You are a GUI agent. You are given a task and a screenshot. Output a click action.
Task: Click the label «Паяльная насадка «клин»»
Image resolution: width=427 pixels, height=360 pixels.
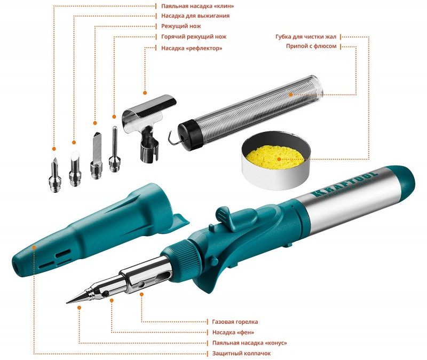pyautogui.click(x=197, y=6)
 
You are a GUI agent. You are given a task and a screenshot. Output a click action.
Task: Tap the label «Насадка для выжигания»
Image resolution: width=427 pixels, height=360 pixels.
pyautogui.click(x=195, y=16)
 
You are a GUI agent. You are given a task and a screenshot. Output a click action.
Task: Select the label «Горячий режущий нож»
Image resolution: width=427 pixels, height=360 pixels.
pyautogui.click(x=194, y=36)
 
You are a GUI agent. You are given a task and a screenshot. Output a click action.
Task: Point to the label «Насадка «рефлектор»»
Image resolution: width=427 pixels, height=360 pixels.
pyautogui.click(x=192, y=48)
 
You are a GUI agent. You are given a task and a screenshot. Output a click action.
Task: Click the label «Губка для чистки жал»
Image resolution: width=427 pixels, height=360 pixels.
pyautogui.click(x=306, y=36)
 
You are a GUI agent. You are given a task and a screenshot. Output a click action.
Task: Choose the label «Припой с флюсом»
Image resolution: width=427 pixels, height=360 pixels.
pyautogui.click(x=311, y=46)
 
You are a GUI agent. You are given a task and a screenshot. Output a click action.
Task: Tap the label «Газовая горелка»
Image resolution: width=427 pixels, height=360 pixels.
pyautogui.click(x=235, y=322)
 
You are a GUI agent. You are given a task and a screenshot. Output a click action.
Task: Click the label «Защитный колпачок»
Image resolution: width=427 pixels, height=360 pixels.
pyautogui.click(x=242, y=354)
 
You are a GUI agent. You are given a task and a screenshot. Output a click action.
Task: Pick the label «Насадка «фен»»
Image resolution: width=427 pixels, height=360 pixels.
pyautogui.click(x=233, y=332)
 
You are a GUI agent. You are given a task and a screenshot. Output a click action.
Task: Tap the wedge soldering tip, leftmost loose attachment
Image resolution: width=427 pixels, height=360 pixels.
pyautogui.click(x=55, y=175)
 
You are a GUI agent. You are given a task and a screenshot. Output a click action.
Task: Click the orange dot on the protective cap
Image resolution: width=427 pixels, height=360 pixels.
pyautogui.click(x=34, y=247)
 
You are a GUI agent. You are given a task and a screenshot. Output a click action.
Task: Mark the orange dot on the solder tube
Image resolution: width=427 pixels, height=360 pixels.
pyautogui.click(x=291, y=95)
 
